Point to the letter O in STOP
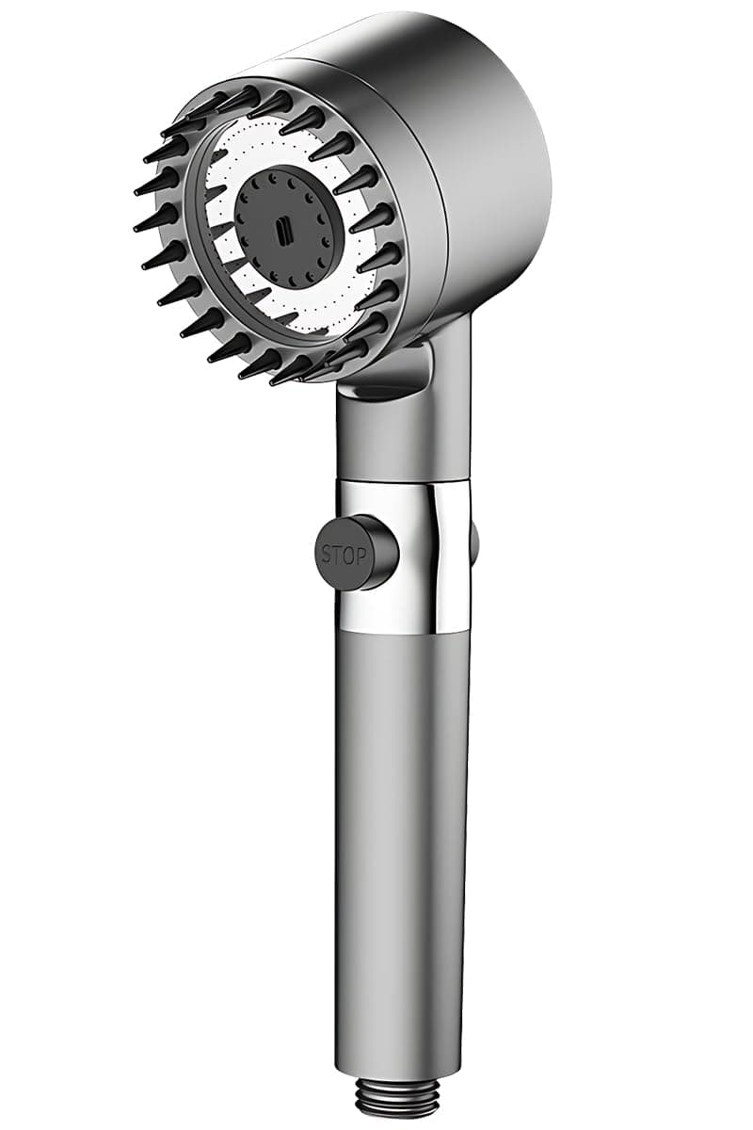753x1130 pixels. pos(350,556)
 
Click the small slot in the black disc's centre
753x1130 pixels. pos(282,227)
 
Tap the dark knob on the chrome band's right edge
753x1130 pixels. pos(473,541)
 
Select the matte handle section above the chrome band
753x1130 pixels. pos(400,433)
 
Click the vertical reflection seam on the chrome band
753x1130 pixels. pos(435,556)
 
